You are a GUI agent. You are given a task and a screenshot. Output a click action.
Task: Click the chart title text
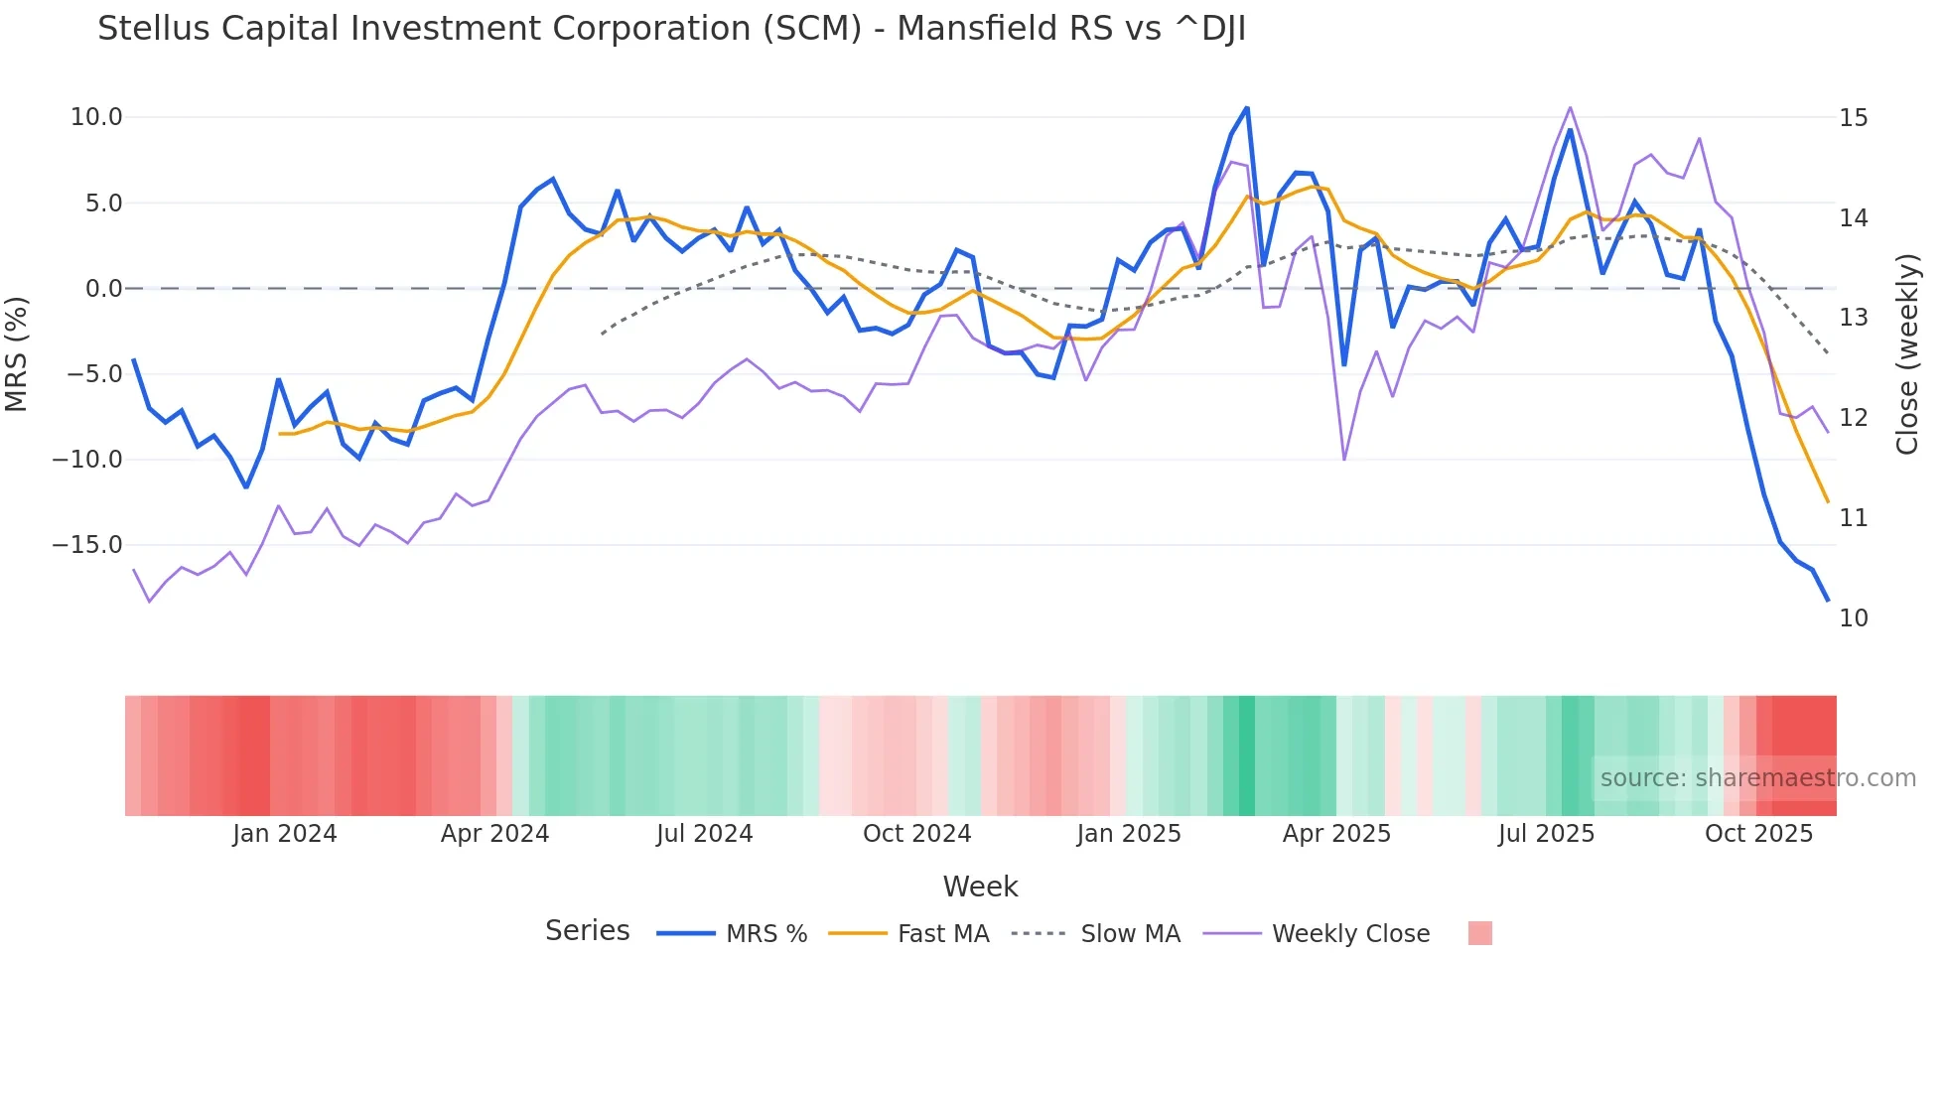pyautogui.click(x=671, y=29)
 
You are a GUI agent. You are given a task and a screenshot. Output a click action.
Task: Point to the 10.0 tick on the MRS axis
pyautogui.click(x=96, y=117)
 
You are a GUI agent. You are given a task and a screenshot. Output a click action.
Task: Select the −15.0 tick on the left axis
pyautogui.click(x=87, y=545)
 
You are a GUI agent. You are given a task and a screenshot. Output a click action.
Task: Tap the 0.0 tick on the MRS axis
pyautogui.click(x=104, y=289)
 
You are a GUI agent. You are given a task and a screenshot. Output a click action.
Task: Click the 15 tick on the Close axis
pyautogui.click(x=1853, y=118)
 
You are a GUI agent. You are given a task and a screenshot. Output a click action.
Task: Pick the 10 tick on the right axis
pyautogui.click(x=1853, y=618)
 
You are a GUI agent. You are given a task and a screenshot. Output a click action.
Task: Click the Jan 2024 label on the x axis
pyautogui.click(x=285, y=834)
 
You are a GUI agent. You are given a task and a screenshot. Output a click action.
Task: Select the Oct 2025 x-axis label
pyautogui.click(x=1758, y=834)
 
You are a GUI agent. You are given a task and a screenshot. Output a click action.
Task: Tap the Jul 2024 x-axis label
pyautogui.click(x=704, y=834)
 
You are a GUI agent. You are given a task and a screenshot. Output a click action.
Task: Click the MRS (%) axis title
pyautogui.click(x=17, y=353)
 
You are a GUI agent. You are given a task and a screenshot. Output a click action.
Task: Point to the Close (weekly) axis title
pyautogui.click(x=1907, y=353)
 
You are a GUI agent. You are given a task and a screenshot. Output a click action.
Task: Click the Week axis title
pyautogui.click(x=980, y=887)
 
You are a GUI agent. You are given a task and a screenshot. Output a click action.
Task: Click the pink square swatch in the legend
pyautogui.click(x=1479, y=933)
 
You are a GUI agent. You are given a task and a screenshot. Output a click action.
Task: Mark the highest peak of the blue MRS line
pyautogui.click(x=1247, y=107)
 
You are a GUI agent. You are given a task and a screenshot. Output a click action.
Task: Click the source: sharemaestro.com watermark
pyautogui.click(x=1757, y=778)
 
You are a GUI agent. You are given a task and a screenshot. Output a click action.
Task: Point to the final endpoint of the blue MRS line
pyautogui.click(x=1828, y=601)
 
